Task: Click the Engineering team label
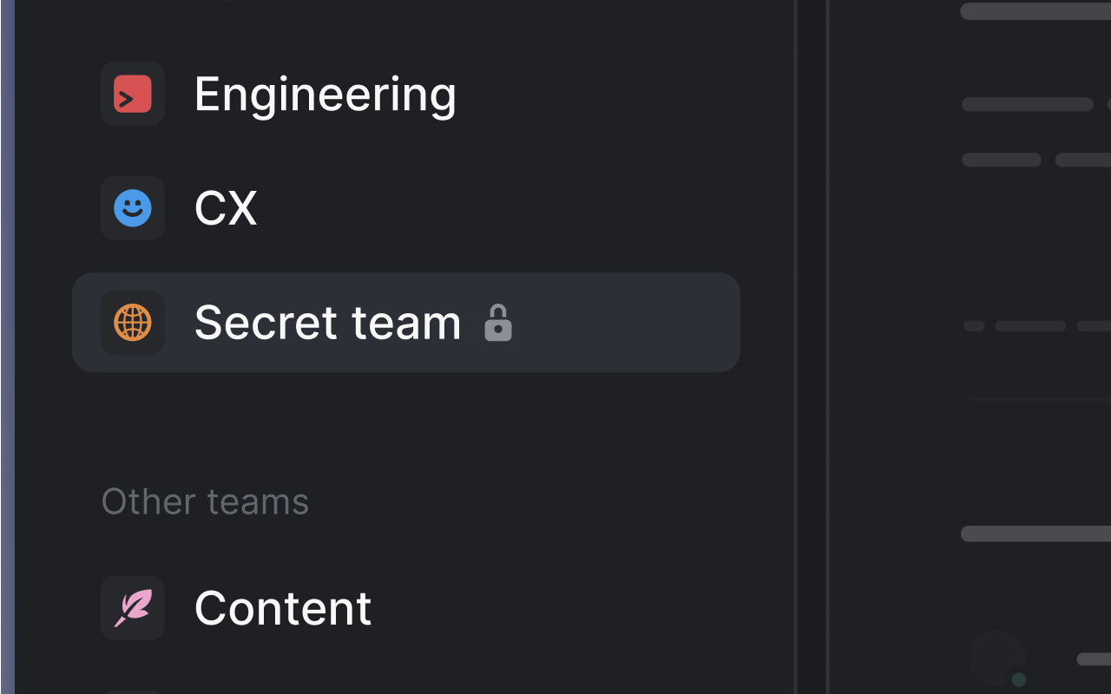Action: [x=325, y=94]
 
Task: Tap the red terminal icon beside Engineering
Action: [x=133, y=94]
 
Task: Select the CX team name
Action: [x=226, y=208]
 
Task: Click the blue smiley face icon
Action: [x=133, y=208]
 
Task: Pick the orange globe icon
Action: [x=133, y=323]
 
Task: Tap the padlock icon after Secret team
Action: [x=498, y=323]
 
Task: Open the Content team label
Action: [x=283, y=608]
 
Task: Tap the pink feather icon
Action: [x=133, y=608]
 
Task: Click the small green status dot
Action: [x=1019, y=679]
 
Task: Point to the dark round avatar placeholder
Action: [x=997, y=658]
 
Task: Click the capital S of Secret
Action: [x=208, y=323]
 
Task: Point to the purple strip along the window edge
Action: [x=7, y=347]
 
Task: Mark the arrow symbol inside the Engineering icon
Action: [x=126, y=99]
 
